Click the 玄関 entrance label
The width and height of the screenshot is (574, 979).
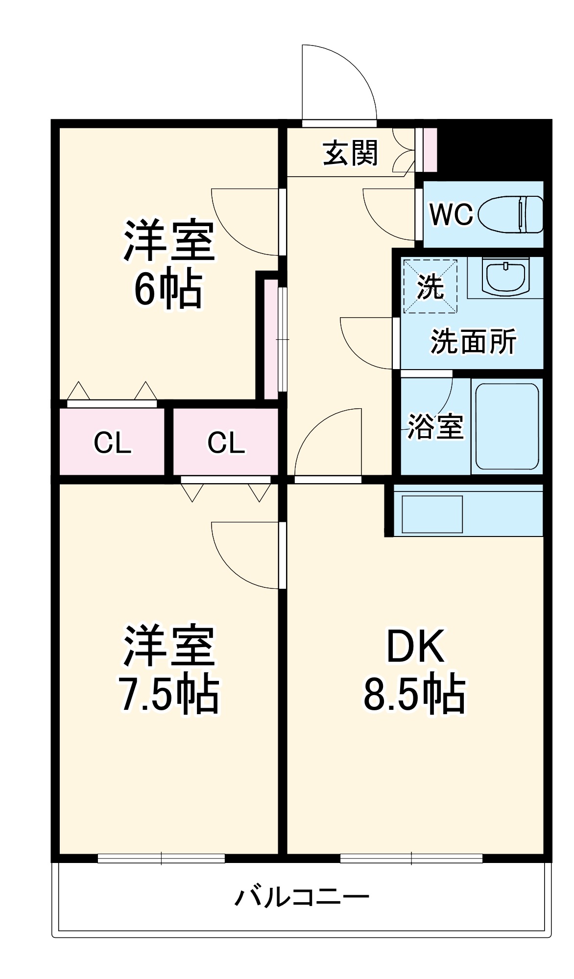pyautogui.click(x=350, y=153)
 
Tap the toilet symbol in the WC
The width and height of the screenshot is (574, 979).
pyautogui.click(x=511, y=214)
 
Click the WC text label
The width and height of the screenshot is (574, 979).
pyautogui.click(x=451, y=214)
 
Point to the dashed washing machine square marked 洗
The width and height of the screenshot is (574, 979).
pyautogui.click(x=430, y=286)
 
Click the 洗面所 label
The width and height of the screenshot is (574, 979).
pyautogui.click(x=473, y=342)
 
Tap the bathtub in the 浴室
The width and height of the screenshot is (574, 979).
pyautogui.click(x=507, y=426)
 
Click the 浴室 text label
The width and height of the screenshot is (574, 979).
pyautogui.click(x=435, y=426)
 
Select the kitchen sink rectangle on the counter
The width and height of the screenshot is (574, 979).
pyautogui.click(x=432, y=514)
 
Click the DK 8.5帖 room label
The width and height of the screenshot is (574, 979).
pyautogui.click(x=415, y=671)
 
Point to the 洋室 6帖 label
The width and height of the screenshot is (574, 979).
pyautogui.click(x=168, y=264)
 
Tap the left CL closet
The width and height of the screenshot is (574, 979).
pyautogui.click(x=112, y=442)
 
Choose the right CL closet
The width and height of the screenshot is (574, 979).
pyautogui.click(x=226, y=442)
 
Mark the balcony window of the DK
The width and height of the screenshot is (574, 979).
pyautogui.click(x=411, y=858)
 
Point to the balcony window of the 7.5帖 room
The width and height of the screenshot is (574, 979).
pyautogui.click(x=161, y=858)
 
